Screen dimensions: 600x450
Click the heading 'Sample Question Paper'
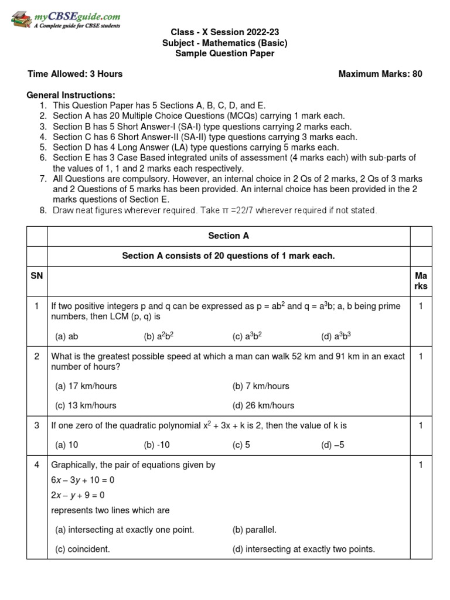pyautogui.click(x=225, y=53)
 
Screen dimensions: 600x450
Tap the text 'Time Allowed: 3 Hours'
pyautogui.click(x=76, y=74)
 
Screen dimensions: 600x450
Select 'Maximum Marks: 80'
pyautogui.click(x=380, y=74)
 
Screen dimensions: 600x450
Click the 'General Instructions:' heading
pyautogui.click(x=71, y=95)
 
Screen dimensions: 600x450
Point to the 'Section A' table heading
pyautogui.click(x=228, y=236)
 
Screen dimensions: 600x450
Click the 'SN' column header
pyautogui.click(x=37, y=275)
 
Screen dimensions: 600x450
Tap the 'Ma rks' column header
pyautogui.click(x=421, y=281)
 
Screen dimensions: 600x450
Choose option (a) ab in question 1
pyautogui.click(x=67, y=336)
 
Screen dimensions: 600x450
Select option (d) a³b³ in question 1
pyautogui.click(x=336, y=336)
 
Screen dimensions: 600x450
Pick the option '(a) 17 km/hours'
pyautogui.click(x=86, y=386)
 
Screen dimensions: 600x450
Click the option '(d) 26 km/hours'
pyautogui.click(x=263, y=405)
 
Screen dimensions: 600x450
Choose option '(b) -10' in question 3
pyautogui.click(x=156, y=445)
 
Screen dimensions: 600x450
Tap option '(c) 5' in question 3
pyautogui.click(x=241, y=445)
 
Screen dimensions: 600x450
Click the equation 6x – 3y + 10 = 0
pyautogui.click(x=83, y=479)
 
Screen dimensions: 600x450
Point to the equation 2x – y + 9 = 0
pyautogui.click(x=81, y=495)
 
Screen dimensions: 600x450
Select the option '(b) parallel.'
pyautogui.click(x=254, y=530)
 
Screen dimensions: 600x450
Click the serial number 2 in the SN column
pyautogui.click(x=37, y=357)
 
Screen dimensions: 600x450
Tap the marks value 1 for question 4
pyautogui.click(x=421, y=465)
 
